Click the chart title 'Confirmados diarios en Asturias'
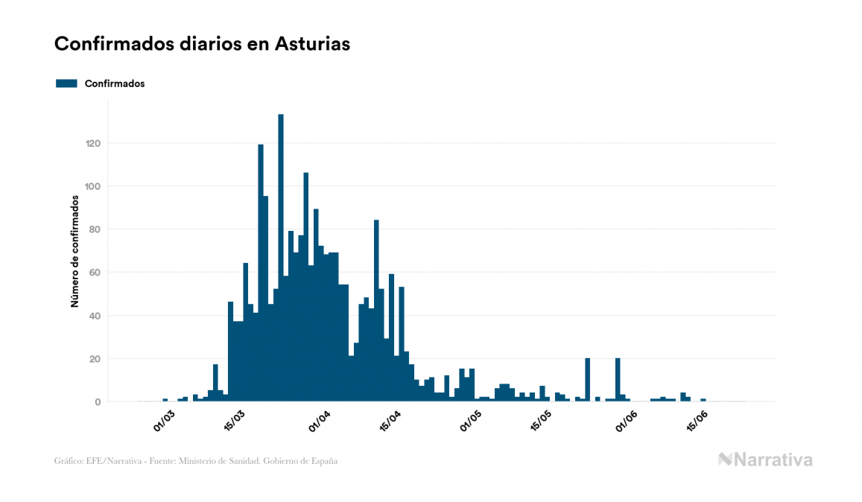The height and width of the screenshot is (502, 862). pyautogui.click(x=202, y=44)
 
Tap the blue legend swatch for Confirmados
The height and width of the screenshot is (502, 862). pyautogui.click(x=66, y=83)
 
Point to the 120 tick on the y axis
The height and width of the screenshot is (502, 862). pyautogui.click(x=92, y=143)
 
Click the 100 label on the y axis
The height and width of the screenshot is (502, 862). pyautogui.click(x=92, y=186)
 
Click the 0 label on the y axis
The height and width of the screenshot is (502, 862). pyautogui.click(x=97, y=402)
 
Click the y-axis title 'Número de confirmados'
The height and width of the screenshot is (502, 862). pyautogui.click(x=75, y=251)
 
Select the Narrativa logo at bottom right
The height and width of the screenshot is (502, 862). pyautogui.click(x=765, y=460)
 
